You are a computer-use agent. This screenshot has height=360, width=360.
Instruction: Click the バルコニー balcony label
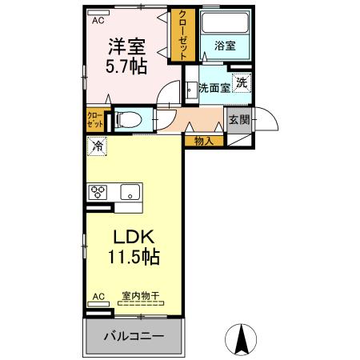[x=134, y=336]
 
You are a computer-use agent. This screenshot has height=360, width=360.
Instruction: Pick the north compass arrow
[x=240, y=339]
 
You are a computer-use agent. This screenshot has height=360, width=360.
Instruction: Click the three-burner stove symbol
[x=98, y=192]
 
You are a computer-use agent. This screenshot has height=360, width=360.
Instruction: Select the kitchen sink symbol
[x=129, y=192]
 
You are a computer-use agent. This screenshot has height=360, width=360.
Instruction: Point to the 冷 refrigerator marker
[x=97, y=146]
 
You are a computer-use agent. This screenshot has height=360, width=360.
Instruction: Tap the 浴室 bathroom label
[x=225, y=46]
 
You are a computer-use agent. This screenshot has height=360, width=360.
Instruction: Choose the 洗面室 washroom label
[x=214, y=87]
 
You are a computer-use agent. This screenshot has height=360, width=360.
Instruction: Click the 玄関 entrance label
[x=238, y=120]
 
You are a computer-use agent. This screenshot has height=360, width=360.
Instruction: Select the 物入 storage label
[x=204, y=141]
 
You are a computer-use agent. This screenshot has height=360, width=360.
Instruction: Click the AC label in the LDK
[x=98, y=297]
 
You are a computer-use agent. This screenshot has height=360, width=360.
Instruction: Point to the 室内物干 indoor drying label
[x=140, y=297]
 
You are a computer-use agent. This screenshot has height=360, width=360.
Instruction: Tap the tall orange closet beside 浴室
[x=184, y=36]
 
